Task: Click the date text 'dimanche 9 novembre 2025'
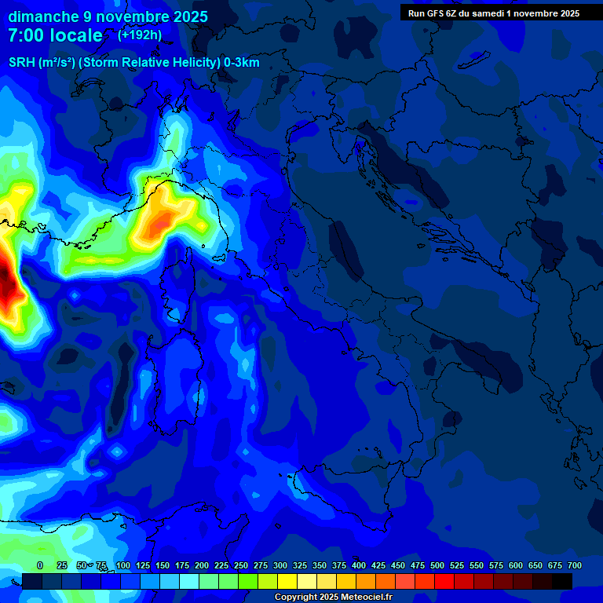[x=108, y=16]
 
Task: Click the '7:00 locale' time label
[x=55, y=35]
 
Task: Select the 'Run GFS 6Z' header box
[x=494, y=13]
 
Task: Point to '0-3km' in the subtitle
[x=241, y=63]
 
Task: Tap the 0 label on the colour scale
[x=40, y=565]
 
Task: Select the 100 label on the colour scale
[x=123, y=565]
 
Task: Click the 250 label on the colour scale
[x=241, y=565]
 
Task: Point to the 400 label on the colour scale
[x=359, y=565]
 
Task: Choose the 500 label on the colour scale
[x=437, y=565]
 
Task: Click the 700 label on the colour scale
[x=574, y=565]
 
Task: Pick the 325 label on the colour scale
[x=300, y=565]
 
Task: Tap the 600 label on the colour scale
[x=516, y=565]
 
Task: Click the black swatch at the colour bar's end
[x=562, y=581]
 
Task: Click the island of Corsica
[x=180, y=287]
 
